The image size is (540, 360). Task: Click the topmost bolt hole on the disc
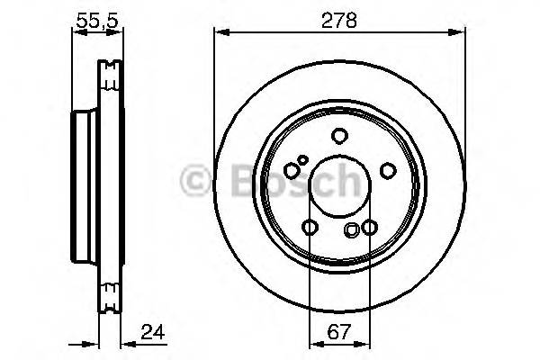click(339, 136)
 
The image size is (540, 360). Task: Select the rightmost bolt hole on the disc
click(388, 171)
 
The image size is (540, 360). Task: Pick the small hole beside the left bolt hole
click(303, 160)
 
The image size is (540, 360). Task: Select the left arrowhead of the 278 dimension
click(219, 32)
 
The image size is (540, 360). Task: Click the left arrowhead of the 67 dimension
click(312, 342)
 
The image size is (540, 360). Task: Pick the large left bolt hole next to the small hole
click(291, 169)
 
